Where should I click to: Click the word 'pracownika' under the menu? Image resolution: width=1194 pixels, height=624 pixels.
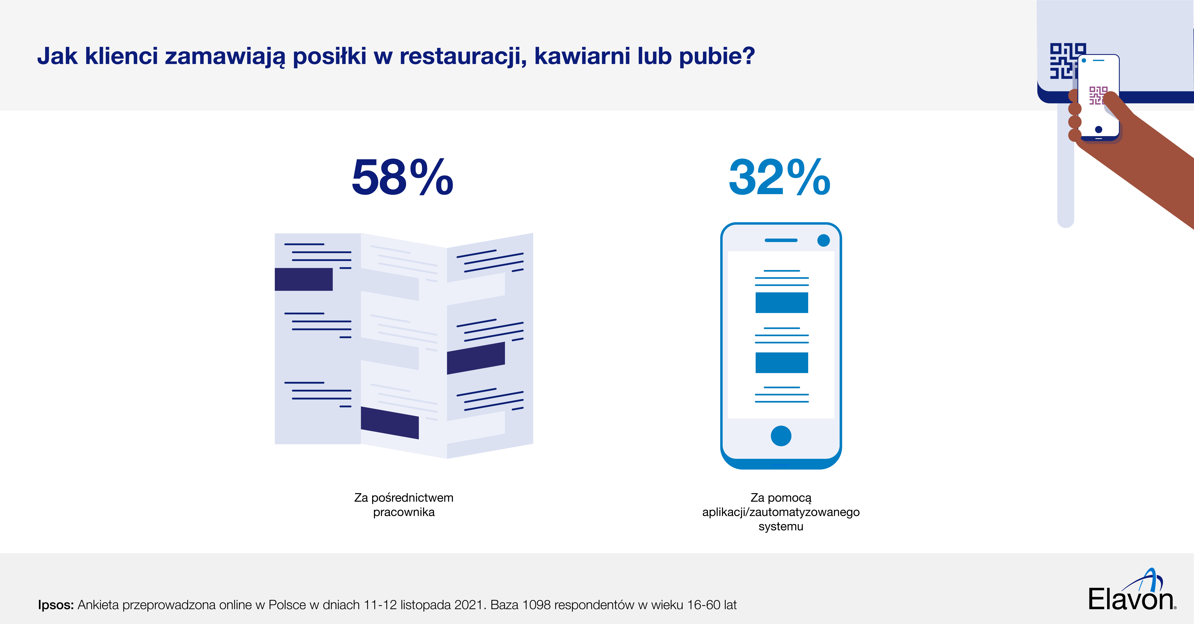click(404, 512)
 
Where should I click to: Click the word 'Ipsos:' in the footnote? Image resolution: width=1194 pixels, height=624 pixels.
click(56, 605)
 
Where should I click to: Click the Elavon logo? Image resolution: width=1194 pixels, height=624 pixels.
click(1131, 593)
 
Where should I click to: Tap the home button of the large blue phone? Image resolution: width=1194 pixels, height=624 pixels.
click(781, 436)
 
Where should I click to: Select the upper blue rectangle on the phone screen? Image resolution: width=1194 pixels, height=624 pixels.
click(781, 303)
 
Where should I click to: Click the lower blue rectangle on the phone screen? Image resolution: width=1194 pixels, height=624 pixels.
click(781, 363)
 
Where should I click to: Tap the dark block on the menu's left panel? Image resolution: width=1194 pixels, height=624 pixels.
click(304, 279)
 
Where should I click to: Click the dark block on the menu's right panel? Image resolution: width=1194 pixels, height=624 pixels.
click(476, 358)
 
